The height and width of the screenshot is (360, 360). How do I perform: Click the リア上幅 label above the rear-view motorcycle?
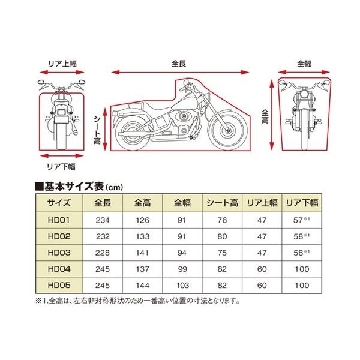[62, 62]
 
